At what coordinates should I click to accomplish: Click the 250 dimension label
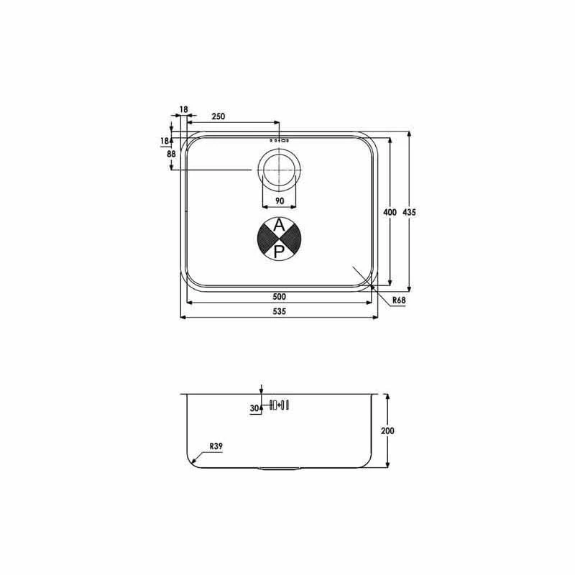pyautogui.click(x=218, y=116)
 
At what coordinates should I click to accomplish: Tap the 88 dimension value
pyautogui.click(x=171, y=154)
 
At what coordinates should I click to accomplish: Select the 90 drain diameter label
pyautogui.click(x=280, y=201)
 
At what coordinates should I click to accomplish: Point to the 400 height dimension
pyautogui.click(x=390, y=212)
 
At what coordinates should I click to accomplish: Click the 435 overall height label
pyautogui.click(x=409, y=212)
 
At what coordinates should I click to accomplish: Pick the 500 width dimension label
pyautogui.click(x=279, y=296)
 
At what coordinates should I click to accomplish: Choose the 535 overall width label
pyautogui.click(x=279, y=311)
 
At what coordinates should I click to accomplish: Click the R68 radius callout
pyautogui.click(x=399, y=300)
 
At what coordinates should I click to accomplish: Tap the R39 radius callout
pyautogui.click(x=216, y=446)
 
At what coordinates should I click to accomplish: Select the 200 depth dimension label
pyautogui.click(x=387, y=431)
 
